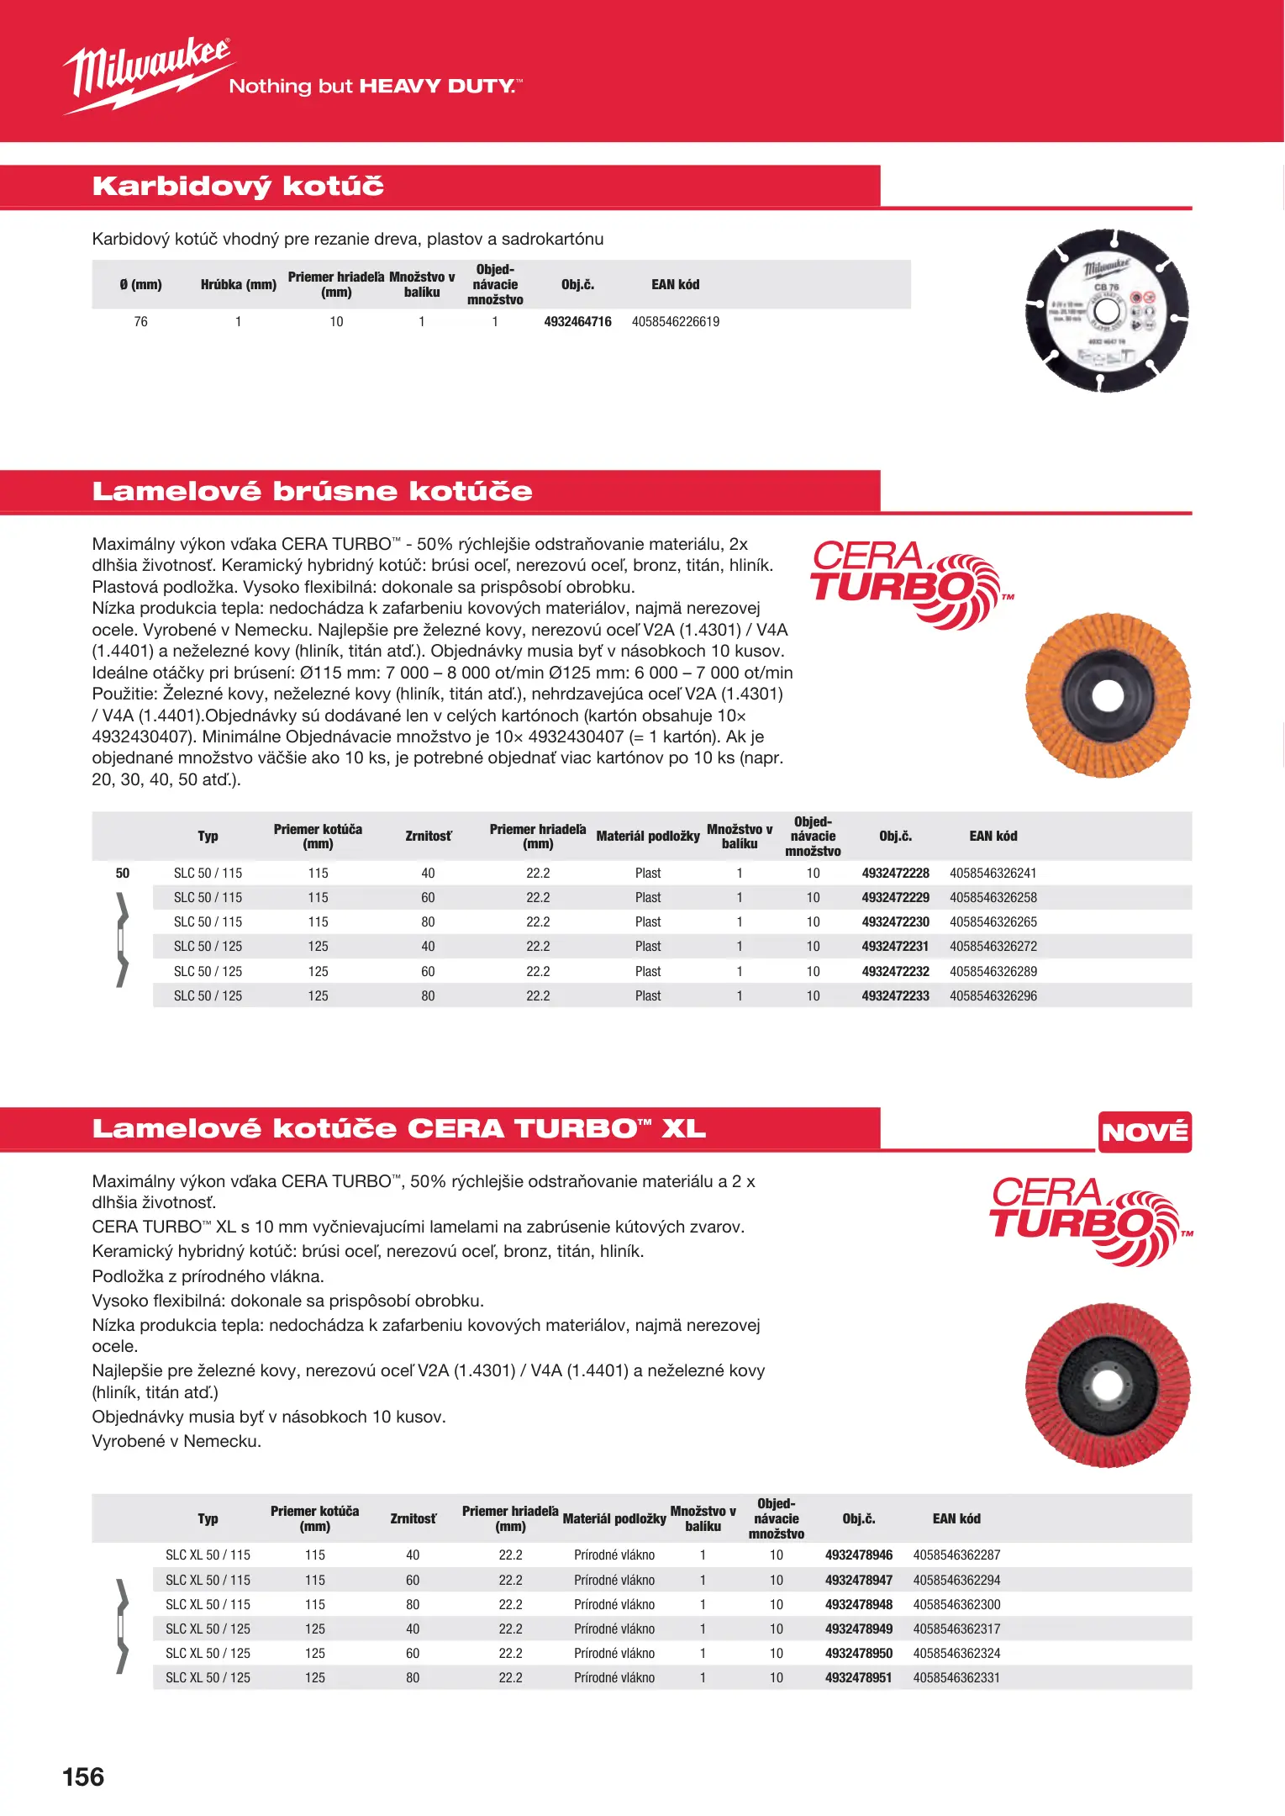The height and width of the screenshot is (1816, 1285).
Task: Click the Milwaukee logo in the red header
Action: pos(147,74)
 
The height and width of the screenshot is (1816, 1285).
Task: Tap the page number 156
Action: pos(83,1776)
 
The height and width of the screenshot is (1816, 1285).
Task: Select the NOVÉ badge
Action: pos(1145,1132)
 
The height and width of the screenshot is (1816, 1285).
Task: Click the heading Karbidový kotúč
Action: pos(238,186)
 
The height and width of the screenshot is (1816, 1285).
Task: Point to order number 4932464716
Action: pos(577,322)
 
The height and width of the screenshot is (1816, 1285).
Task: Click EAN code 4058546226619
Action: pos(676,322)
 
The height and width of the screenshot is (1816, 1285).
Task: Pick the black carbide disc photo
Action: pos(1107,310)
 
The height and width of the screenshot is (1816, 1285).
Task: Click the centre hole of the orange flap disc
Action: pos(1107,695)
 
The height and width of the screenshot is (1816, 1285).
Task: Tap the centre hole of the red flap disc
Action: pos(1107,1385)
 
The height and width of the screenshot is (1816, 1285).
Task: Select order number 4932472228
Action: pos(895,874)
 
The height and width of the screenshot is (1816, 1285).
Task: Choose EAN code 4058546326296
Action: pos(993,996)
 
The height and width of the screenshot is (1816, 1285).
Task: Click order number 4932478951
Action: pos(858,1678)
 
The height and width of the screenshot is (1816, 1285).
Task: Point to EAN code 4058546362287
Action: pos(956,1555)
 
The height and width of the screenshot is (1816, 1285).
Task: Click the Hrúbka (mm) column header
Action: pos(239,285)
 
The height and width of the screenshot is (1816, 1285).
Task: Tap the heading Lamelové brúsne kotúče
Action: pos(312,491)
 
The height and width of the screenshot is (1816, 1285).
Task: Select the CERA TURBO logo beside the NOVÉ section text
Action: pos(1088,1220)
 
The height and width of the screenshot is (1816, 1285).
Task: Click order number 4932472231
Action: pos(895,947)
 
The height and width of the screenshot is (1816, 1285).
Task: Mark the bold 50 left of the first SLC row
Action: pos(123,874)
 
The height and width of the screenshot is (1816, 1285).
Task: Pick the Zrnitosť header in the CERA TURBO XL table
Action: pos(413,1519)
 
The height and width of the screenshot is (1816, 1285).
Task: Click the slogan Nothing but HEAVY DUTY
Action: pos(375,87)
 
